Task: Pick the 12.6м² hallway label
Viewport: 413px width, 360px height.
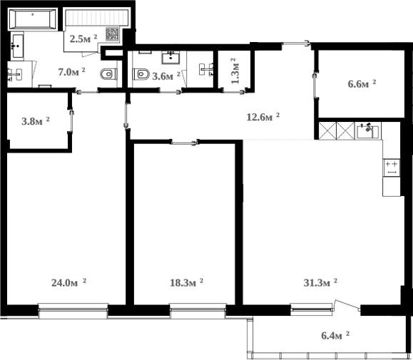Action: [x=262, y=117]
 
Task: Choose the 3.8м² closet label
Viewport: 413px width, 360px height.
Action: [x=35, y=121]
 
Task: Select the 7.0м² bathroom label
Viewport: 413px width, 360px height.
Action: [x=71, y=71]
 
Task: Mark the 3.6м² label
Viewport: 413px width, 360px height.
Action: [x=165, y=76]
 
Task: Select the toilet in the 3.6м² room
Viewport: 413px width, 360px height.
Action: [x=141, y=73]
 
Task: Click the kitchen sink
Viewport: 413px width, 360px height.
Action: [x=369, y=130]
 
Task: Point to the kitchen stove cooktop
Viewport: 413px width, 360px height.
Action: [x=391, y=167]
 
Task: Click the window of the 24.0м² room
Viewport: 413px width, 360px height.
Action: [x=73, y=308]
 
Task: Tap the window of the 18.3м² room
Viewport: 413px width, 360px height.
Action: [x=198, y=308]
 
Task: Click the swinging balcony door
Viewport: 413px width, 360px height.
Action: [x=346, y=307]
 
